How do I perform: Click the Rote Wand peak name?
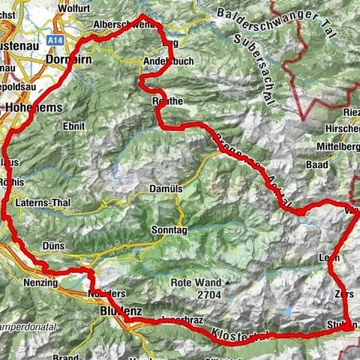196,283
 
